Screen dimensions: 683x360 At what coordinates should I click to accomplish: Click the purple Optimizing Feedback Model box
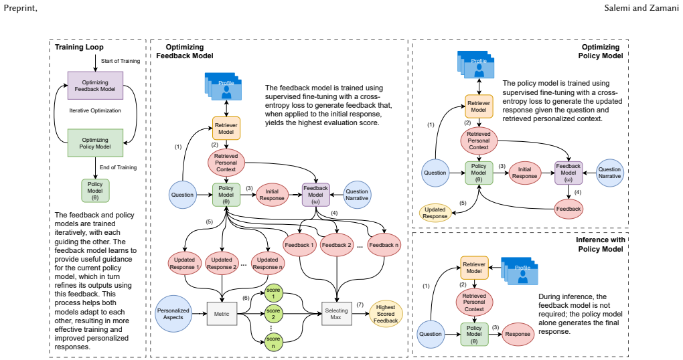(x=95, y=86)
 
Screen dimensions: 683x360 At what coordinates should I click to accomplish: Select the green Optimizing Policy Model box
(x=95, y=143)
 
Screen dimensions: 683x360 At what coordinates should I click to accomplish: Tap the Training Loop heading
(x=79, y=47)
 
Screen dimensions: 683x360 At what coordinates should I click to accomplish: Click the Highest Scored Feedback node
(x=386, y=314)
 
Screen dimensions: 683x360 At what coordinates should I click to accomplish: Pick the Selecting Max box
(x=336, y=314)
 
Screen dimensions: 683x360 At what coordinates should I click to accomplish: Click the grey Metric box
(x=222, y=314)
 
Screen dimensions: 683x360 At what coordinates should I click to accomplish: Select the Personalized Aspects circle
(x=173, y=314)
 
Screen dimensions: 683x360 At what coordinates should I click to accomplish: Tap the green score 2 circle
(x=273, y=314)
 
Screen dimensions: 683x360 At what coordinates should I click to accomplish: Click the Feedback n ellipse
(x=384, y=245)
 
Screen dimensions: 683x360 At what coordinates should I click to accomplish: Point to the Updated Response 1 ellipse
(x=185, y=264)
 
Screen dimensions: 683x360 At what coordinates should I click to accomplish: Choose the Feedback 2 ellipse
(x=336, y=245)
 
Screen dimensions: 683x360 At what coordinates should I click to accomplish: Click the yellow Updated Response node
(x=435, y=213)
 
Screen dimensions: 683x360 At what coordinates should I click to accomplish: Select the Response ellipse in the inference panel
(x=518, y=334)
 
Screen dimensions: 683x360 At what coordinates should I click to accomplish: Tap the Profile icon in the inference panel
(x=520, y=271)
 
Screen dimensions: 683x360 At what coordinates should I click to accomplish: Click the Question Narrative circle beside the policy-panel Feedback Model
(x=609, y=173)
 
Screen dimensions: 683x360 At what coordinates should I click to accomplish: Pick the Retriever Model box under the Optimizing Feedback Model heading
(x=226, y=128)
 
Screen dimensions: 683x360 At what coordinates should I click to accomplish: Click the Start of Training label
(x=121, y=61)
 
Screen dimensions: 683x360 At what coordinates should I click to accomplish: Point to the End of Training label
(x=118, y=167)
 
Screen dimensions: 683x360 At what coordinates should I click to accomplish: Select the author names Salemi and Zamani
(x=641, y=7)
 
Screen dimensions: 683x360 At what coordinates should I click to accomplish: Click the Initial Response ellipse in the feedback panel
(x=272, y=195)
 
